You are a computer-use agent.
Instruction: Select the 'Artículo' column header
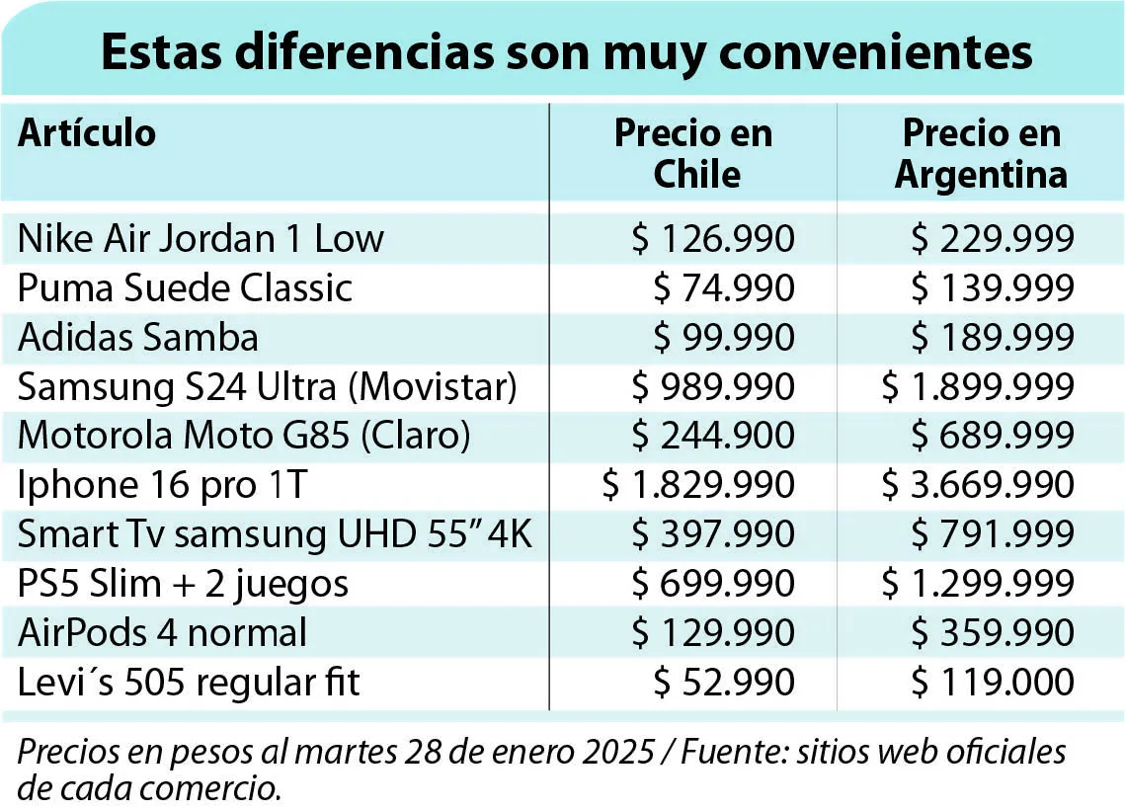click(x=87, y=132)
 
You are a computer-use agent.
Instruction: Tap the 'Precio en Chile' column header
click(x=693, y=153)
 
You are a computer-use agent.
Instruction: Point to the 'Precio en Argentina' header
click(x=981, y=153)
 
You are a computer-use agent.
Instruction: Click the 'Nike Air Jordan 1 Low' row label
click(x=201, y=238)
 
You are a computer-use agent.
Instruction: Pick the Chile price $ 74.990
click(x=724, y=287)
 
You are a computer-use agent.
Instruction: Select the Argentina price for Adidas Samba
click(x=993, y=337)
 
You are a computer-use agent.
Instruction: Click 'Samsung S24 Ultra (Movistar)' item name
click(x=267, y=387)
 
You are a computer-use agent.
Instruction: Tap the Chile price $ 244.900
click(x=713, y=436)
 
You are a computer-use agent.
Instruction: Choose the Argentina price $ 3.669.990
click(x=978, y=484)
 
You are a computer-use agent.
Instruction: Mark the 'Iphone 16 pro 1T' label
click(x=163, y=485)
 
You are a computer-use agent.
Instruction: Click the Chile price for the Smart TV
click(x=713, y=534)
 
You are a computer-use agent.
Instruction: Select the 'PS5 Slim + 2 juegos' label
click(x=183, y=584)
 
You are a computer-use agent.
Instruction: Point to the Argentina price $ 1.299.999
click(x=978, y=583)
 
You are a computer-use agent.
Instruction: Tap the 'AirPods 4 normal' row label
click(x=163, y=632)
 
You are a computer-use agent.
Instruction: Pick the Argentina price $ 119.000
click(x=993, y=682)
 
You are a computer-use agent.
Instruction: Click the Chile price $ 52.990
click(x=724, y=682)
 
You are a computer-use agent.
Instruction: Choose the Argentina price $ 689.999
click(x=993, y=436)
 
